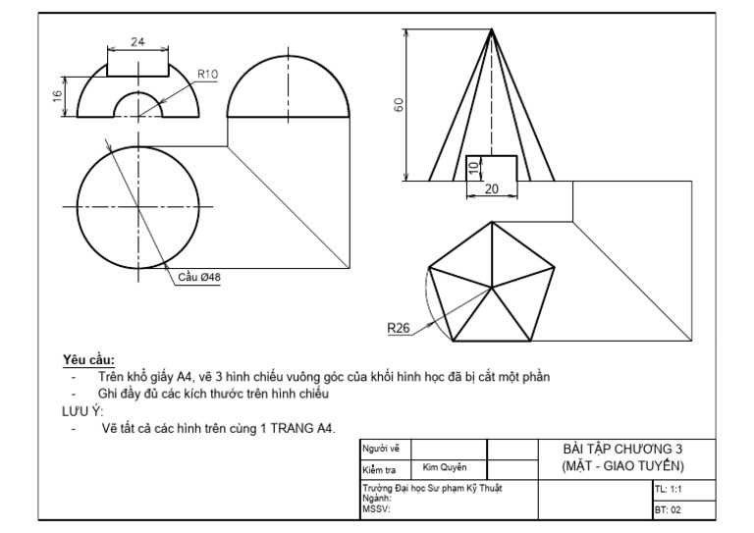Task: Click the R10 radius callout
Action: (207, 74)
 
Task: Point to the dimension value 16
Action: (58, 95)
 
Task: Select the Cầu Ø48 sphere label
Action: (199, 278)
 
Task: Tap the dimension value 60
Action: (399, 105)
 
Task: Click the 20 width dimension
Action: (491, 188)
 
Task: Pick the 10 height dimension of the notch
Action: (473, 168)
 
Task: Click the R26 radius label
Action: (398, 328)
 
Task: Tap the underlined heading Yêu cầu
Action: (88, 359)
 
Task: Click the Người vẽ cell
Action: (374, 449)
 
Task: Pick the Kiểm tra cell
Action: (376, 469)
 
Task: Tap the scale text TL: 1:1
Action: (669, 488)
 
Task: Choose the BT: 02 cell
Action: (668, 509)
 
